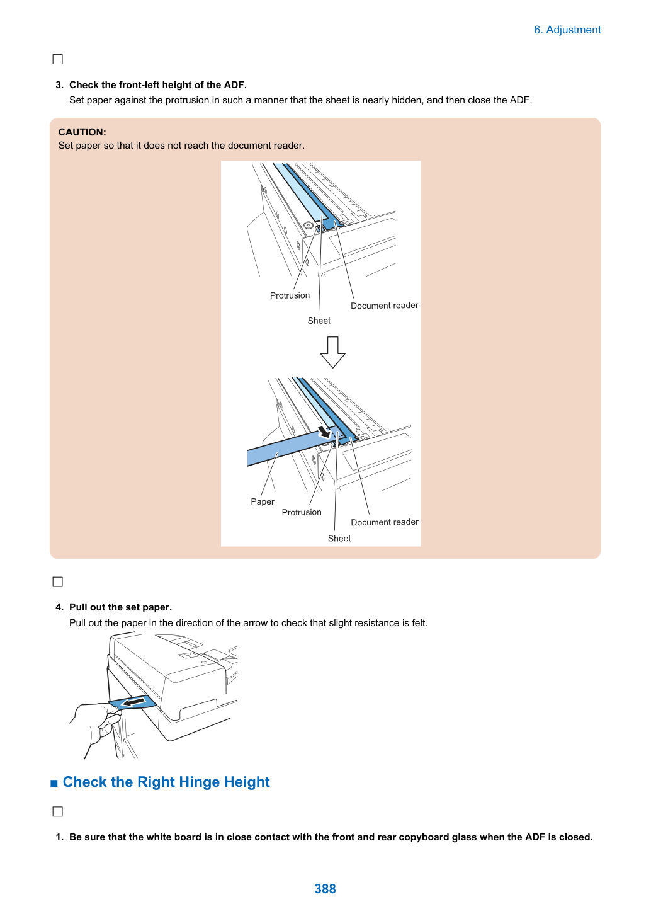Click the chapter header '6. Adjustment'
coord(567,30)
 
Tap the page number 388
coord(325,888)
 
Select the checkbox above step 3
coord(57,59)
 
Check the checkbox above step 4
coord(57,582)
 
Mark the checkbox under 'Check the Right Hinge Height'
coord(57,811)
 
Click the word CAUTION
coord(82,132)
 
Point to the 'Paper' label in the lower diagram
coord(262,501)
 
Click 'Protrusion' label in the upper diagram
coord(290,295)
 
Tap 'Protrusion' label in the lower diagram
coord(302,512)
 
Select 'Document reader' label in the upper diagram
coord(384,306)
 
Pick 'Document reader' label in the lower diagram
coord(385,522)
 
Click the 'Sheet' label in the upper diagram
coord(319,321)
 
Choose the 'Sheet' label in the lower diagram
coord(339,539)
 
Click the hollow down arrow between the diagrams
coord(332,352)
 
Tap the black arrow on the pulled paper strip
coord(134,701)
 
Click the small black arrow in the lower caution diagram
coord(325,432)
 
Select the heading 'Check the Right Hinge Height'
coord(166,782)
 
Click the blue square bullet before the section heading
coord(54,783)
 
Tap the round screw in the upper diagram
coord(309,226)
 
